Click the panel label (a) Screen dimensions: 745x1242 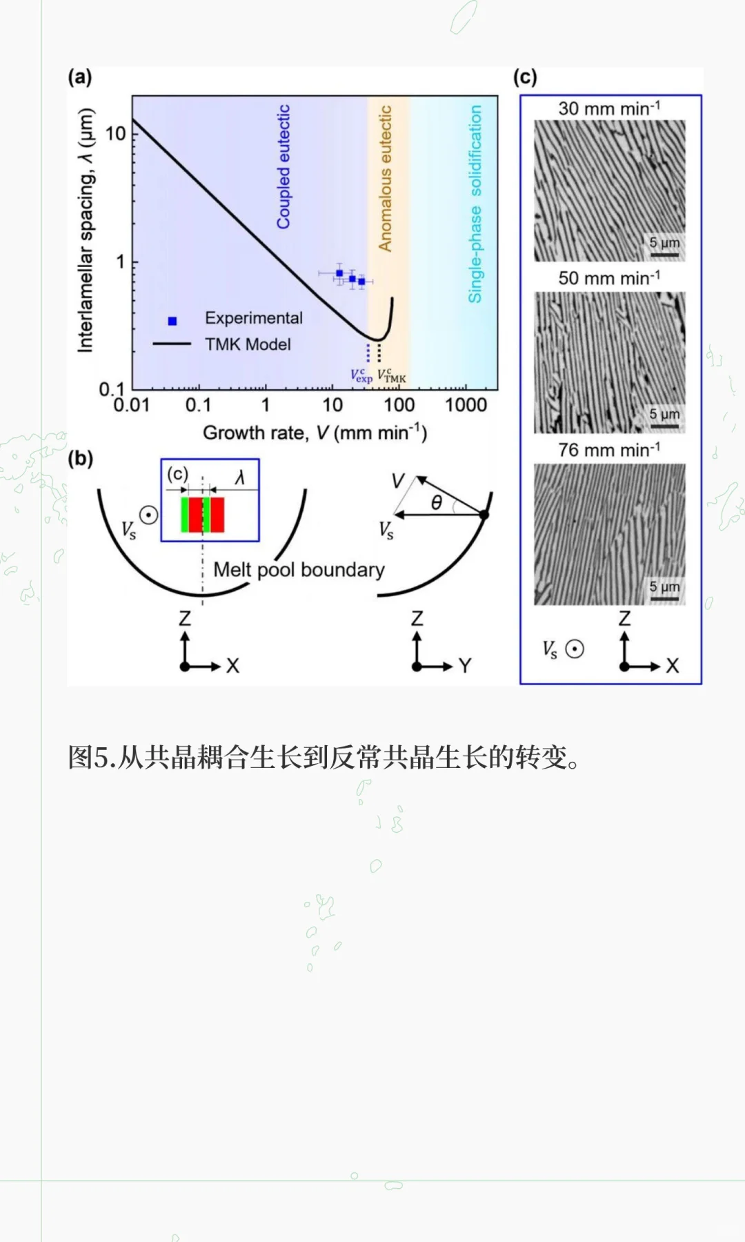tap(80, 77)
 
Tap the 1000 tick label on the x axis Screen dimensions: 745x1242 tap(466, 405)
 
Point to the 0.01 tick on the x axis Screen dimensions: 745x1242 tap(132, 405)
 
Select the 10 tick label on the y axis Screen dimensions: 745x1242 tap(115, 132)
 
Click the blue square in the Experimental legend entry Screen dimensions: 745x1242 tap(172, 321)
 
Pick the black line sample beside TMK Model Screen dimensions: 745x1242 tap(172, 343)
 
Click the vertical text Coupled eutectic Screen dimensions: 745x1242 tap(284, 167)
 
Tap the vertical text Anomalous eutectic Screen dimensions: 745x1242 tap(385, 178)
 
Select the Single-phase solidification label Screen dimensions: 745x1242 tap(475, 204)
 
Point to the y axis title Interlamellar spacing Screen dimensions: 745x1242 tap(85, 230)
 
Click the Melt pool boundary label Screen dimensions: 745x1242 tap(299, 570)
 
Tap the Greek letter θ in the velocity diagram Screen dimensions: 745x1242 tap(436, 502)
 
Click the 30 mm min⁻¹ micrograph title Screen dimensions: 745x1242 tap(609, 108)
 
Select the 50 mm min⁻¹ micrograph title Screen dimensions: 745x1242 tap(609, 278)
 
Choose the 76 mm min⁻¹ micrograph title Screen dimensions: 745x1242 tap(609, 450)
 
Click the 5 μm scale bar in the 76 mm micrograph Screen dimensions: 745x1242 tap(664, 598)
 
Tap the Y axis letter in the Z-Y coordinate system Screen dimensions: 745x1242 tap(465, 666)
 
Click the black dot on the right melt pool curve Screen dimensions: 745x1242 tap(484, 515)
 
